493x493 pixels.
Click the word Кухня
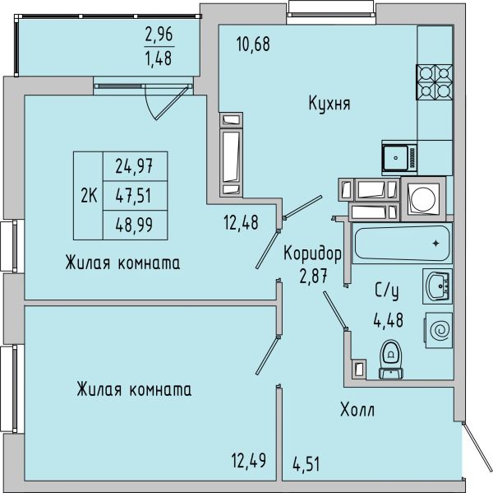pos(329,103)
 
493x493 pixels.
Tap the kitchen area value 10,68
pos(253,44)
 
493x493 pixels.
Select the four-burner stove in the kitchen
pos(434,82)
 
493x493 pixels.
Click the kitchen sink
pos(399,157)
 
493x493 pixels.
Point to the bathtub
pos(402,243)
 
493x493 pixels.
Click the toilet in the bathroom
pos(391,360)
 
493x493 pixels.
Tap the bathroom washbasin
pos(437,286)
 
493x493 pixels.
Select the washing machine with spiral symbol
pos(439,330)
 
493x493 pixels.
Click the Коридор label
pos(312,253)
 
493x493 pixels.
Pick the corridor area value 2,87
pos(314,277)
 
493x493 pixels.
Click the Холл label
pos(357,410)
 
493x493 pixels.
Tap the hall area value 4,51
pos(306,464)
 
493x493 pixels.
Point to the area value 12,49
pos(249,460)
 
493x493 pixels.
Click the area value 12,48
pos(241,221)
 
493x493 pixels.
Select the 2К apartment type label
pos(89,196)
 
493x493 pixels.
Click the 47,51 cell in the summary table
pos(134,195)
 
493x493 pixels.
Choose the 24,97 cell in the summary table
pos(134,166)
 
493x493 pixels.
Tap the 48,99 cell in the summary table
pos(134,225)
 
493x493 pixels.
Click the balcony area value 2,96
pos(159,35)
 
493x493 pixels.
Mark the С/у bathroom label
pos(387,291)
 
